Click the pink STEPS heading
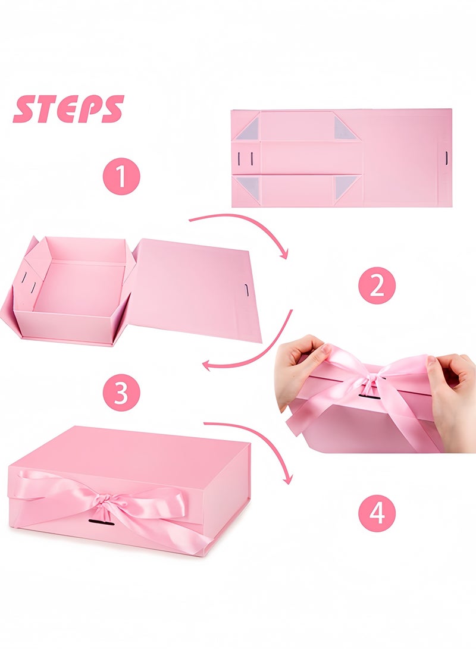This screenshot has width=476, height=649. click(68, 109)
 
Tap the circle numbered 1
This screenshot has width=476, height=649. click(121, 177)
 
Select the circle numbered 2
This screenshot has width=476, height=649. click(376, 286)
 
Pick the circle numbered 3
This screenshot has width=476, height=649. click(121, 393)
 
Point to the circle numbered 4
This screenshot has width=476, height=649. click(377, 512)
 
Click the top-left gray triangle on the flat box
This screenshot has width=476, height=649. click(248, 128)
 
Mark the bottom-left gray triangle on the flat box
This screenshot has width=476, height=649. click(248, 187)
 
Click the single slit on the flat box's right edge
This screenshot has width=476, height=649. click(446, 158)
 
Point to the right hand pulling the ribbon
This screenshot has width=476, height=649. click(452, 387)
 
